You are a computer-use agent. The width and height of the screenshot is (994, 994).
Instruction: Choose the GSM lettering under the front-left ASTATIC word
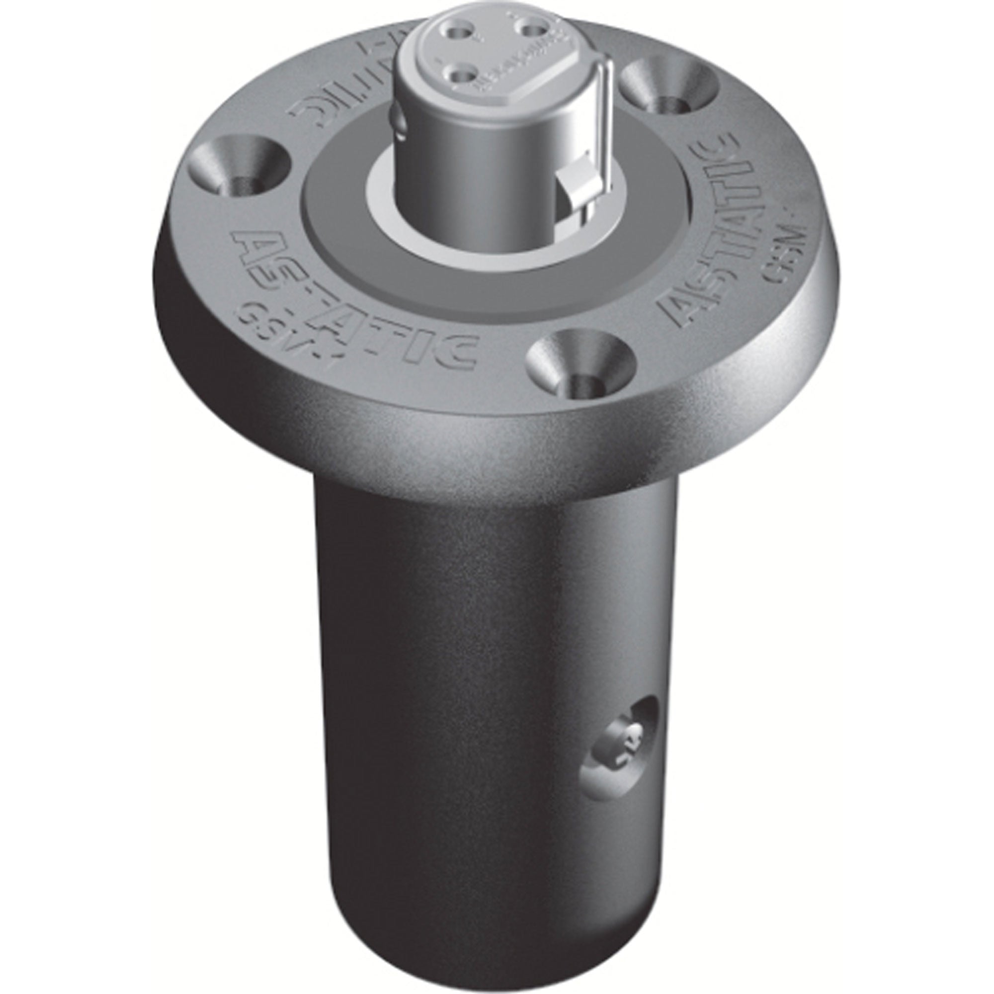coord(270,330)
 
